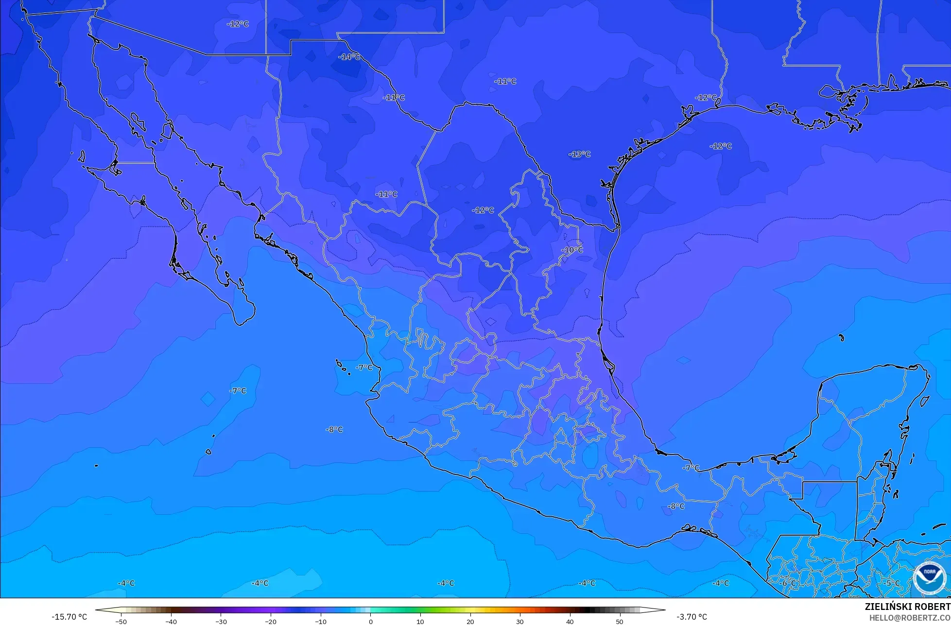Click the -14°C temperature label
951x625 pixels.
pos(349,57)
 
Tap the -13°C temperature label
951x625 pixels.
pos(579,154)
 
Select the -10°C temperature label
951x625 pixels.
pos(572,250)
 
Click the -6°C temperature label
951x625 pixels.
pos(788,583)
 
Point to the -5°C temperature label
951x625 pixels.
pos(892,583)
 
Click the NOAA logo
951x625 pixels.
pos(929,577)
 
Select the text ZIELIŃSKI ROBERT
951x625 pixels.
pos(907,607)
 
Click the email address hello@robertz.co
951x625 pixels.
pos(910,618)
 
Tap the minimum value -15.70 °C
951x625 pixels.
pos(69,617)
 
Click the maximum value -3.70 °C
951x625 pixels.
pos(692,617)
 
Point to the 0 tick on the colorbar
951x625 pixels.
pos(370,621)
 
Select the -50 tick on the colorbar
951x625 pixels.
pos(121,621)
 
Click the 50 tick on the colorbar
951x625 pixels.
pos(620,621)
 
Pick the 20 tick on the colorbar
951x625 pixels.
pos(470,621)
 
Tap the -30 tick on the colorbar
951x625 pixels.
pos(221,621)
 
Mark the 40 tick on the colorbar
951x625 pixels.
pos(570,621)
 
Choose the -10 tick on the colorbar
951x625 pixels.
pos(320,621)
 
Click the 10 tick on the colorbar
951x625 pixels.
pos(420,621)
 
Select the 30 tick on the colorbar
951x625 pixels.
pos(520,621)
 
